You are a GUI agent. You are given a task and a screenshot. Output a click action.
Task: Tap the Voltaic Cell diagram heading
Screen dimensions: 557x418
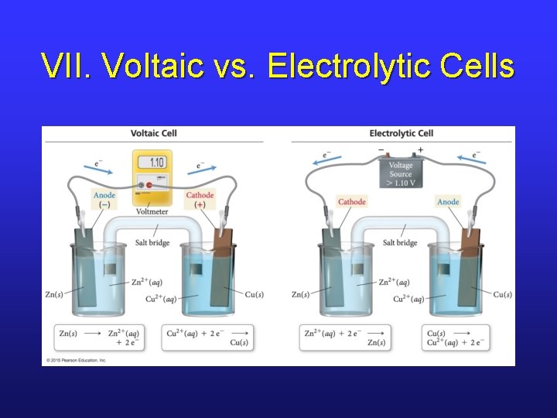click(x=153, y=133)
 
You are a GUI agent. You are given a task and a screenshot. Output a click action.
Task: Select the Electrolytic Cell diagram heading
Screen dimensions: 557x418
click(x=401, y=133)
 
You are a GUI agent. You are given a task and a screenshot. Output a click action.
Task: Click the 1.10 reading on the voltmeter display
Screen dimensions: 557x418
click(x=156, y=163)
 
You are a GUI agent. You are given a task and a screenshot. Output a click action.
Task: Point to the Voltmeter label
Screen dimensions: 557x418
click(x=152, y=211)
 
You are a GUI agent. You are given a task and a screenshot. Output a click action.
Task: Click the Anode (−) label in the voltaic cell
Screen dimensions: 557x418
click(x=104, y=200)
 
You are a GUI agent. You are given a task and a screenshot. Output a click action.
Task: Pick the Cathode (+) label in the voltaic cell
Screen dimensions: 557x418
click(x=200, y=200)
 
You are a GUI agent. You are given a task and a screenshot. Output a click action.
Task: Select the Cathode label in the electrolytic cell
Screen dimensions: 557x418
click(x=352, y=202)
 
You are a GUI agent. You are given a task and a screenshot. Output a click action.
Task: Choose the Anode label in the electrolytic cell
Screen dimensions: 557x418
click(x=448, y=202)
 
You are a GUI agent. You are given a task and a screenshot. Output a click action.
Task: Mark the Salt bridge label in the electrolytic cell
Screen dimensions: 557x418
click(x=400, y=242)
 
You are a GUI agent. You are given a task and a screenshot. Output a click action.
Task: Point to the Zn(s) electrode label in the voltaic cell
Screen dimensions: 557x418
click(x=55, y=294)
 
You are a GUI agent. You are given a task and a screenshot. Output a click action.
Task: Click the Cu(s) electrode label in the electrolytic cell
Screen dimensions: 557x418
click(x=502, y=294)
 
